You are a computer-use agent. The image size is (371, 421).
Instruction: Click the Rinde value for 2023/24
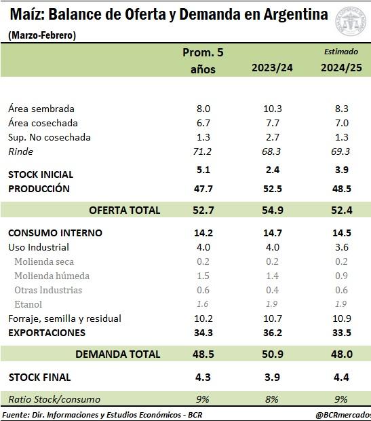271,151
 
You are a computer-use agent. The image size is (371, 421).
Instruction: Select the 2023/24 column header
272,68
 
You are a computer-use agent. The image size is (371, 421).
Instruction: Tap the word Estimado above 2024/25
341,52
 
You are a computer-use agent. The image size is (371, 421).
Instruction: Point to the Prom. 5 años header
203,60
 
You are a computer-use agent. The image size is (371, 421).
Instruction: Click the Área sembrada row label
41,109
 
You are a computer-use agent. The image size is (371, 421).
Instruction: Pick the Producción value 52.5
273,189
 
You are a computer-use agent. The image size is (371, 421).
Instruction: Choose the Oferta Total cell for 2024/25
341,210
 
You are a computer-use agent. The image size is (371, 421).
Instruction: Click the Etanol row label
28,304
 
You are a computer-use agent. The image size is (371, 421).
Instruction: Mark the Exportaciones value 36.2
273,333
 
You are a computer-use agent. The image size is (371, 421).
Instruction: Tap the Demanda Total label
118,354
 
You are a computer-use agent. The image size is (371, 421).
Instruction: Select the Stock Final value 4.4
341,378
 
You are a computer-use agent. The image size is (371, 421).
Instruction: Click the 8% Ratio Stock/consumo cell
271,399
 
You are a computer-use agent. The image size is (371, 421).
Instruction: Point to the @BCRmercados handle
343,415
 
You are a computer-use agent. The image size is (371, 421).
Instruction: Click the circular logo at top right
351,21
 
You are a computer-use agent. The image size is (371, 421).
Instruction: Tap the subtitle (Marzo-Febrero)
42,35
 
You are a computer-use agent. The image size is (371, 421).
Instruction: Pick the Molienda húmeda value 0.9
341,276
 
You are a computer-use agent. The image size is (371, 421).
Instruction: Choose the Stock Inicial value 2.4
273,170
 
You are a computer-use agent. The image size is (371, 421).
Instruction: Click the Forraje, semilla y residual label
64,318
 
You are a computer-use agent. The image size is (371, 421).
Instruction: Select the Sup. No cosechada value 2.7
273,137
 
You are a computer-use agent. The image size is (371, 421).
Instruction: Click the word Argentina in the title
296,14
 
